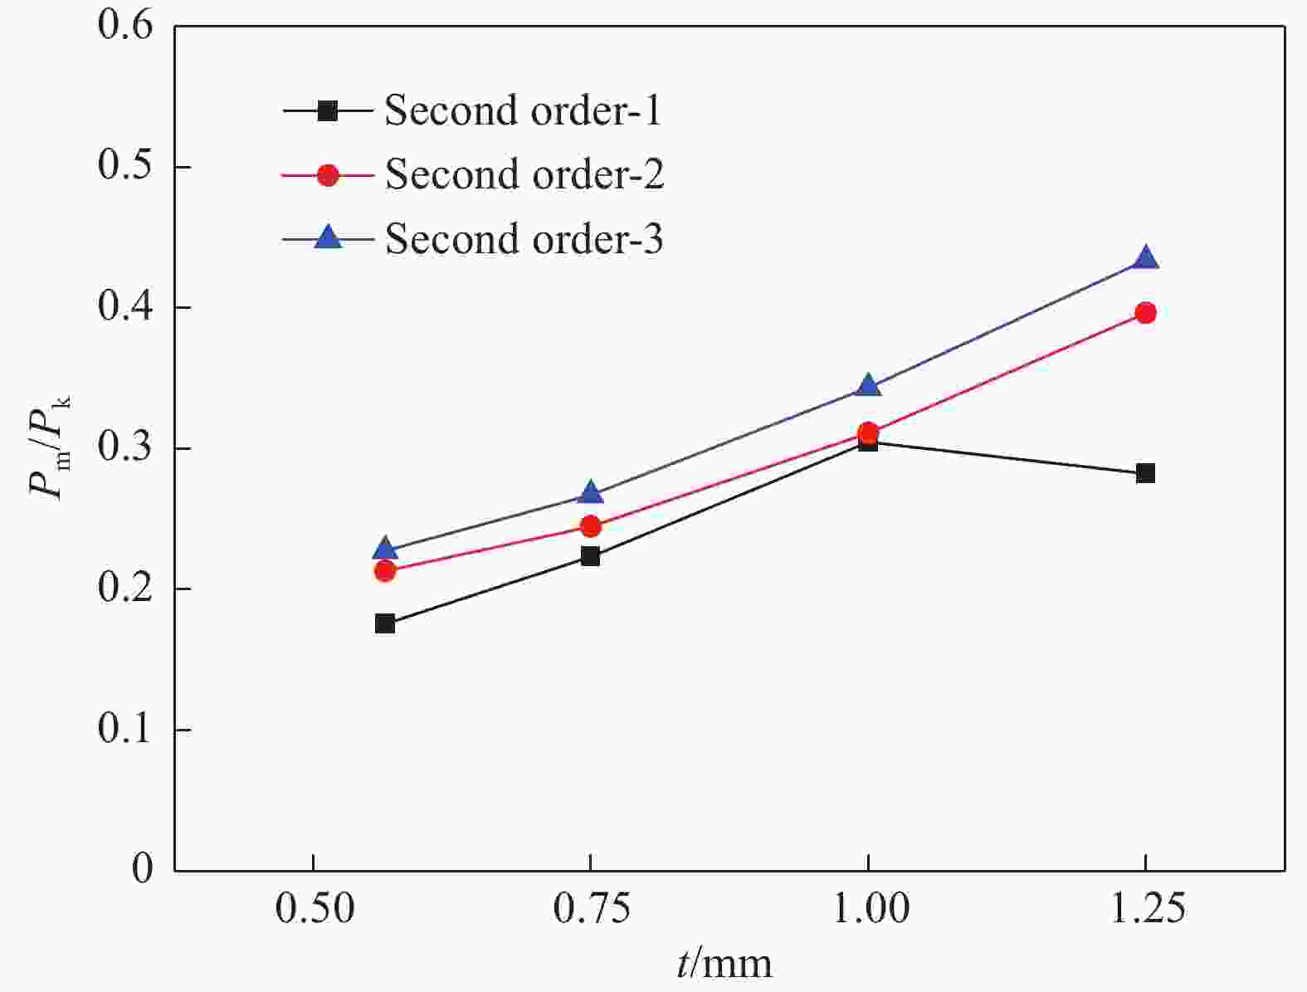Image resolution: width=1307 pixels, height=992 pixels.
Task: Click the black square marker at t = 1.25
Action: [x=1145, y=473]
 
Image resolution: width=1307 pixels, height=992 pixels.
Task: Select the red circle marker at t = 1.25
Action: [x=1145, y=313]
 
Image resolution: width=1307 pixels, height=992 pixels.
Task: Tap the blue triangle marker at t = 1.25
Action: [x=1145, y=258]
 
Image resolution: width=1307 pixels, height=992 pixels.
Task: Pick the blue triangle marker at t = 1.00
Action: [x=868, y=385]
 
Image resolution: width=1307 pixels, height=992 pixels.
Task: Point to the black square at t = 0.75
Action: [x=590, y=556]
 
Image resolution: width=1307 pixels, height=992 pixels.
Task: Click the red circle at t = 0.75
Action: [x=590, y=526]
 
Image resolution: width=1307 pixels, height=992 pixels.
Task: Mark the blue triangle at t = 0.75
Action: [x=590, y=493]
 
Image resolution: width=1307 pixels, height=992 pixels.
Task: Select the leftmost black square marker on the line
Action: [x=384, y=623]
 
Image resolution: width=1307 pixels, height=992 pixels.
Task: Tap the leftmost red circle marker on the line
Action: [x=384, y=571]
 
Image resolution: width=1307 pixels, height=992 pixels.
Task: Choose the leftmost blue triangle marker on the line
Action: [x=384, y=549]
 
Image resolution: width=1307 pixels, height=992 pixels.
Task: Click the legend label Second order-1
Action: [x=523, y=110]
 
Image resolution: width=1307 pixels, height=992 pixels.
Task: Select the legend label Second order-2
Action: [x=524, y=174]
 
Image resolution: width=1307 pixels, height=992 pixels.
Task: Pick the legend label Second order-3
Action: [x=524, y=239]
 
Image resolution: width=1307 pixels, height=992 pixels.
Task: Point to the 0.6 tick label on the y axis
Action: [x=125, y=25]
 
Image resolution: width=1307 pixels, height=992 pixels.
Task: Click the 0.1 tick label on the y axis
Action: [x=125, y=729]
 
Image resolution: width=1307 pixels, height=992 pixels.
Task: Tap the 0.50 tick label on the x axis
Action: [x=314, y=911]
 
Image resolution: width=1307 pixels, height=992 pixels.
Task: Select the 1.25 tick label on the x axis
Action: [x=1145, y=911]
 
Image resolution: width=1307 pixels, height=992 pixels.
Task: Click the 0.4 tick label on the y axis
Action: [x=125, y=307]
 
